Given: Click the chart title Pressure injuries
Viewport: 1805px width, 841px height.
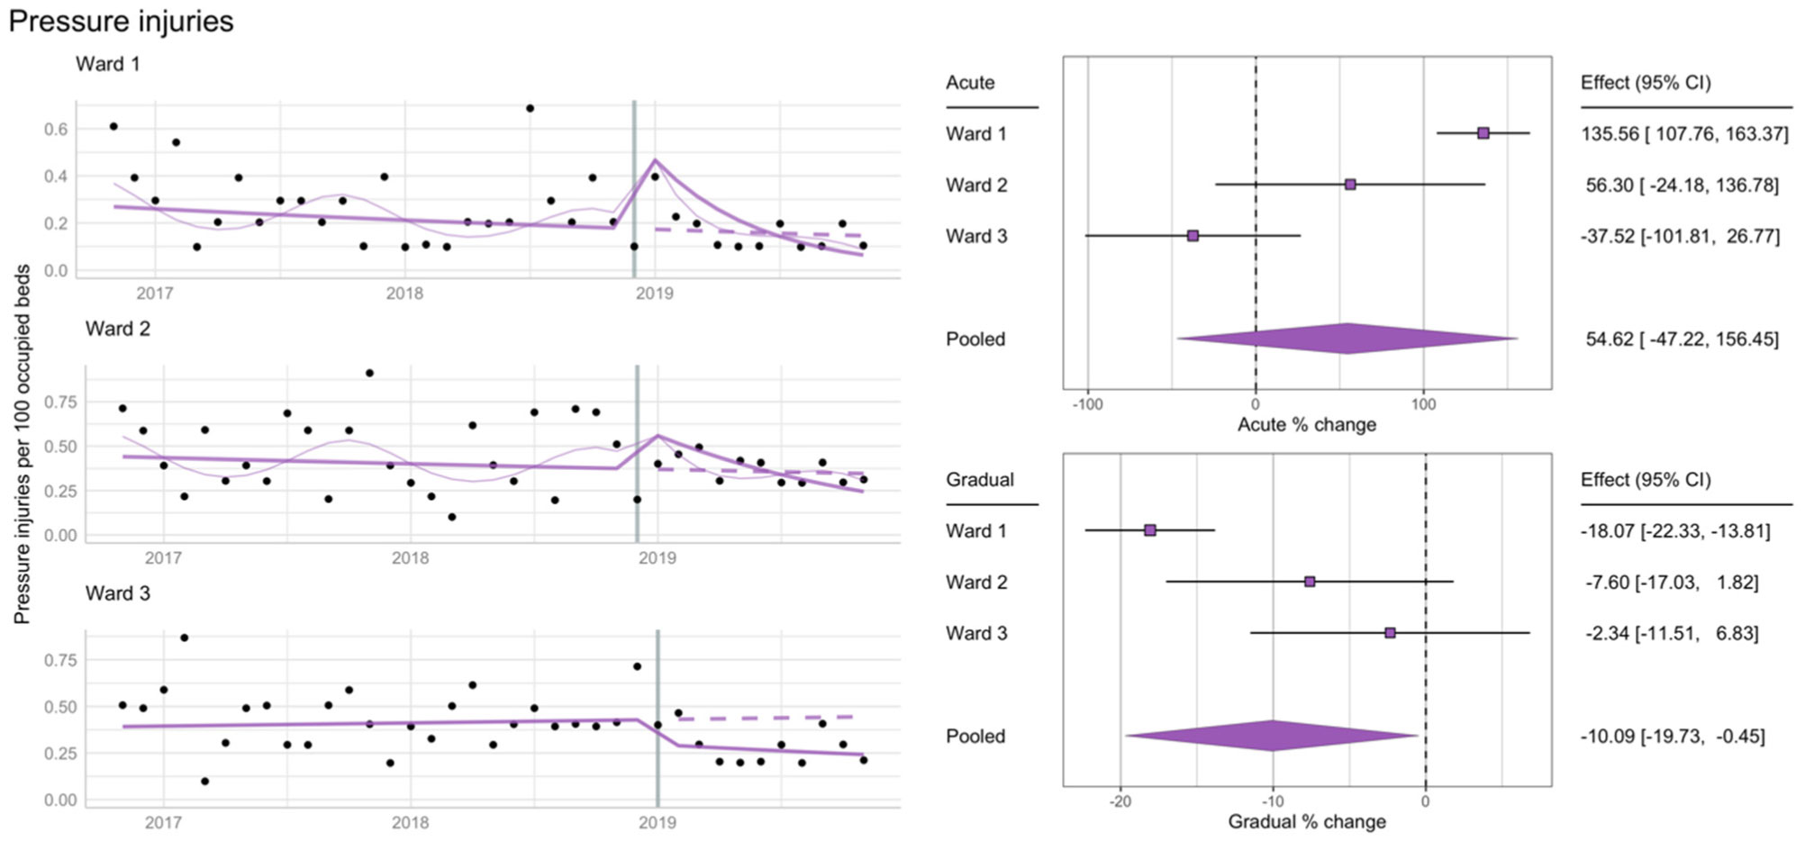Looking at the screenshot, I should tap(121, 21).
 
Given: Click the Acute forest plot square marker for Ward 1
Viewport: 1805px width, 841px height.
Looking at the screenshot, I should tap(1483, 133).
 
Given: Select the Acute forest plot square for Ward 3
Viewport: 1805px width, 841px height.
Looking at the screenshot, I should tap(1193, 236).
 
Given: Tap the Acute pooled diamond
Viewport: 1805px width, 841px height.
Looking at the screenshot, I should tap(1347, 339).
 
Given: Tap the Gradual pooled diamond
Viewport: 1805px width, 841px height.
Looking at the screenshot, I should tap(1272, 736).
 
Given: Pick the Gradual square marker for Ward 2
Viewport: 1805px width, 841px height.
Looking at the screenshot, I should tap(1310, 582).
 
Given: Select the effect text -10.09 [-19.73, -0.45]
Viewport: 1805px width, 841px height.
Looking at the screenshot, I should tap(1672, 736).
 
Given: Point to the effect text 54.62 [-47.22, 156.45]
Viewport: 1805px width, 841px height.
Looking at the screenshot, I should tap(1682, 339).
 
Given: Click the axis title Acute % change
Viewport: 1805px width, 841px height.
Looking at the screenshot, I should tap(1306, 424).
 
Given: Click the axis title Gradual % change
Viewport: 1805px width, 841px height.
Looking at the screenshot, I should tap(1306, 821).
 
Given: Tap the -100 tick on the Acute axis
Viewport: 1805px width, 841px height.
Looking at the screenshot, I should tap(1087, 403).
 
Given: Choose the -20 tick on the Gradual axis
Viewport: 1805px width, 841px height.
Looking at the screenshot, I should tap(1120, 800).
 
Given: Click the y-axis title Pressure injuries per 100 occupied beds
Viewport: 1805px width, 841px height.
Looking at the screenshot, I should tap(22, 444).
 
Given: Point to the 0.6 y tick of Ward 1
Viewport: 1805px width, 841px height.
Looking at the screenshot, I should tap(56, 129).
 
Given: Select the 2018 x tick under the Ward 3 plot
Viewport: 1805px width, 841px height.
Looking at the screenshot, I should tap(410, 821).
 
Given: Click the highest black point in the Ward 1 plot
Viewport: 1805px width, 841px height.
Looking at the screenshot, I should tap(530, 108).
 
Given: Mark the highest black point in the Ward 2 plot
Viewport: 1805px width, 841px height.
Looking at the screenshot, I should tap(369, 373).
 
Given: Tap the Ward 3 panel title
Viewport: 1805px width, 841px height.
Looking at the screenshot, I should tap(118, 593).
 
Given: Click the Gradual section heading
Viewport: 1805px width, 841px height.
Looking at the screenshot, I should tap(979, 479).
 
